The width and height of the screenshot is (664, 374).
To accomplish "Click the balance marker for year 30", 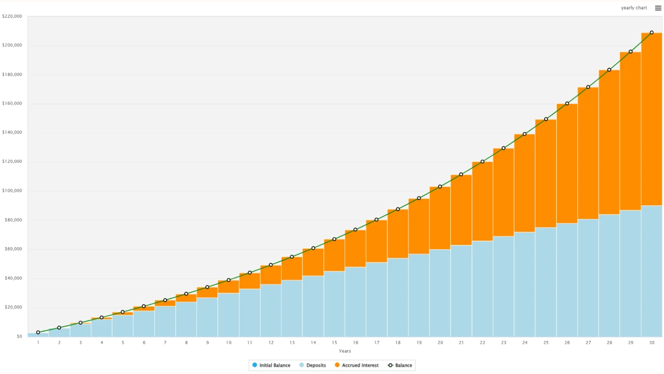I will tap(651, 32).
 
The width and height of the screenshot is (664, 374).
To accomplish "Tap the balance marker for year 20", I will tap(440, 186).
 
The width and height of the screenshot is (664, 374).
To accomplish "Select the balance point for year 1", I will tap(38, 333).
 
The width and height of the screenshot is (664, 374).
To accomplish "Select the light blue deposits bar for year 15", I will tap(334, 304).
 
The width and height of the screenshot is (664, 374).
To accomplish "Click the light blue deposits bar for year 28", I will tap(609, 275).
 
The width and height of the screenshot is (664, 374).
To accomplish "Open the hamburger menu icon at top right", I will tap(658, 8).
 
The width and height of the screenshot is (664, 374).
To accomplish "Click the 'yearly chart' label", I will tap(634, 8).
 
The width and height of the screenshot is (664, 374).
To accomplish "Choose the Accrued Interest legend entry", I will tap(360, 365).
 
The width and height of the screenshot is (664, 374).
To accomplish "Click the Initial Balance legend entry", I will tap(274, 365).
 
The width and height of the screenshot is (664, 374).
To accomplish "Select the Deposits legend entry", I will tap(316, 365).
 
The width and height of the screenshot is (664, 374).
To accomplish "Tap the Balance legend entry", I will tap(403, 365).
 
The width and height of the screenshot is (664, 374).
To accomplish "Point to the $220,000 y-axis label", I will tap(12, 16).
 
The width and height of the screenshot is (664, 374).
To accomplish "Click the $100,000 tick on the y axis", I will tap(12, 191).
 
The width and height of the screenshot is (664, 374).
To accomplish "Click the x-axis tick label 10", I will tap(228, 343).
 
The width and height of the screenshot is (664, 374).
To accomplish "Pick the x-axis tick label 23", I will tap(503, 343).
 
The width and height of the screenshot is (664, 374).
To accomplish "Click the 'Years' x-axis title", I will tap(345, 351).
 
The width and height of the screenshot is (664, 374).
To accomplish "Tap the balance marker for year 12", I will tap(271, 265).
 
